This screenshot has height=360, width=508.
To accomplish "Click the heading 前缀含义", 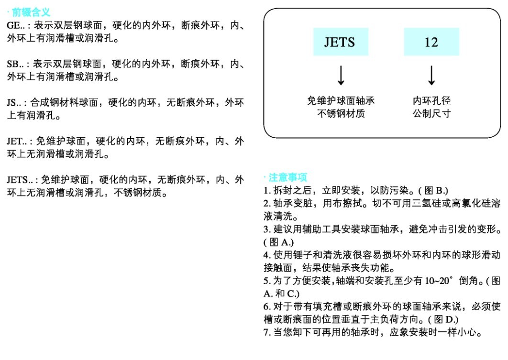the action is click(31, 12).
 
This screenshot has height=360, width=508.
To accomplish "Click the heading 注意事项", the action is click(287, 177).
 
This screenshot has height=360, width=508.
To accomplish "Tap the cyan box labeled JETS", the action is click(341, 42).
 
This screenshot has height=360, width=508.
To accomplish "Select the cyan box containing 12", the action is click(431, 42).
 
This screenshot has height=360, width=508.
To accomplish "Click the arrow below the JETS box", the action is click(341, 76).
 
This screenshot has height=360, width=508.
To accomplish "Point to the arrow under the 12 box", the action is click(431, 76).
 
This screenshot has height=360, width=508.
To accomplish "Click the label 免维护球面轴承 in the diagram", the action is click(341, 101).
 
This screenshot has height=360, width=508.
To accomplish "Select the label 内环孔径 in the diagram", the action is click(431, 101).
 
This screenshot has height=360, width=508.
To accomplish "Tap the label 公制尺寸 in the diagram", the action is click(431, 113).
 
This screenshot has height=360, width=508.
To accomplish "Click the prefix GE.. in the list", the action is click(16, 25).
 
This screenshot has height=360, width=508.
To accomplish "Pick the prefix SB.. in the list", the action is click(15, 64).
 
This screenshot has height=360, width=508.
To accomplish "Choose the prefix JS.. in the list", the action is click(14, 103).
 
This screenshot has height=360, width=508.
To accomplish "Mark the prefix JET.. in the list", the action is click(17, 142).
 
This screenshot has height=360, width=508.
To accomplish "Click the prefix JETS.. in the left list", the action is click(20, 180).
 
